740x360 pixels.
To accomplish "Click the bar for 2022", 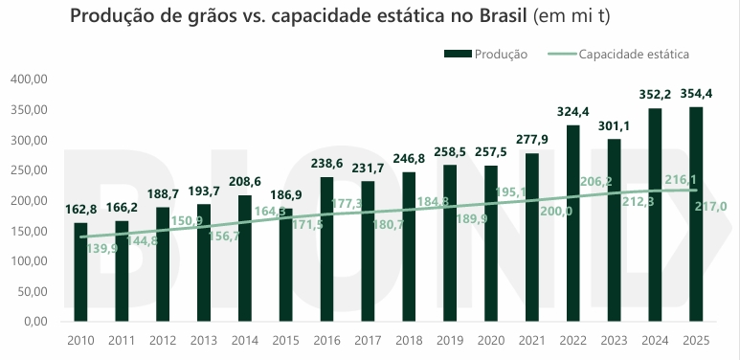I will (572, 222).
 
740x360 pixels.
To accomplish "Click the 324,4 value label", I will (572, 111).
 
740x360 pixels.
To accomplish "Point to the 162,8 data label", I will (80, 209).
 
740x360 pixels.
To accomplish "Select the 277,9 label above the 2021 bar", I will (532, 140).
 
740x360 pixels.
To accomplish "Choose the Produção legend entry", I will (492, 55).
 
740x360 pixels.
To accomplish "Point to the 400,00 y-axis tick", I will (29, 79).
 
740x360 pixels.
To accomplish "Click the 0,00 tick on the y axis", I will (35, 321).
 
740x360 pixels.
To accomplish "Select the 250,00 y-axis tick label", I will (29, 170).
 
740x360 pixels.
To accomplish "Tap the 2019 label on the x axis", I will (450, 340).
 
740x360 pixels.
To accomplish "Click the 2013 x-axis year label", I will (203, 340).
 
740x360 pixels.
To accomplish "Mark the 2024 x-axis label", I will (655, 340).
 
